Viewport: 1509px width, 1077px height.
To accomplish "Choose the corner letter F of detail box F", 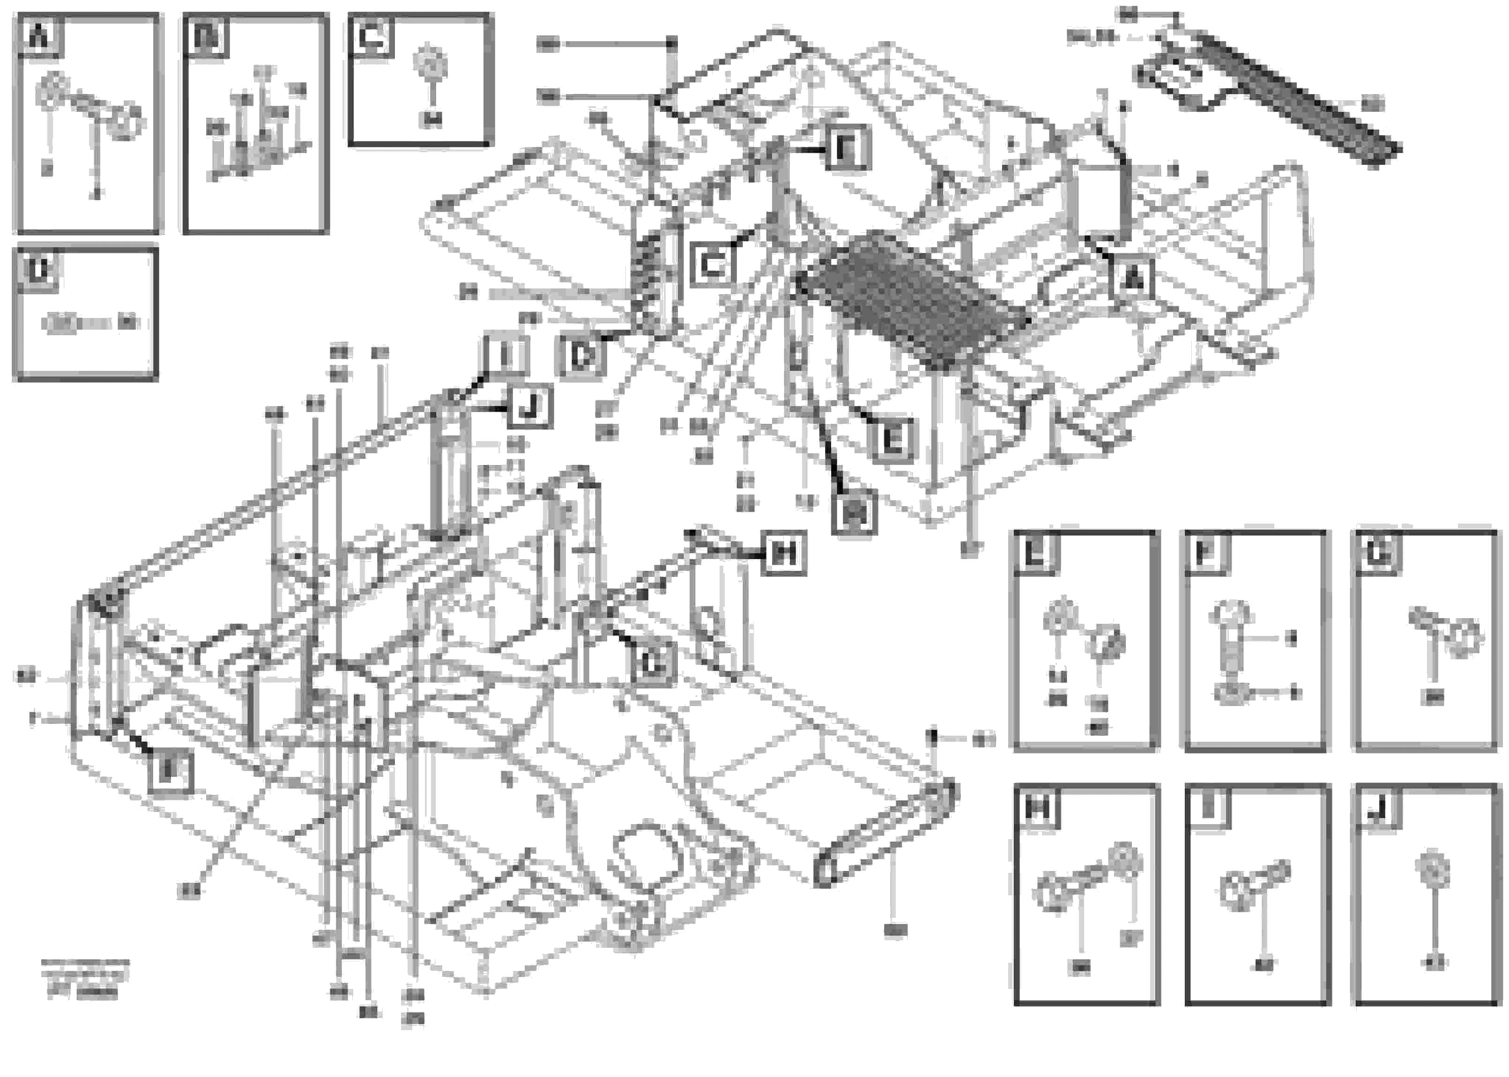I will pyautogui.click(x=1204, y=553).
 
